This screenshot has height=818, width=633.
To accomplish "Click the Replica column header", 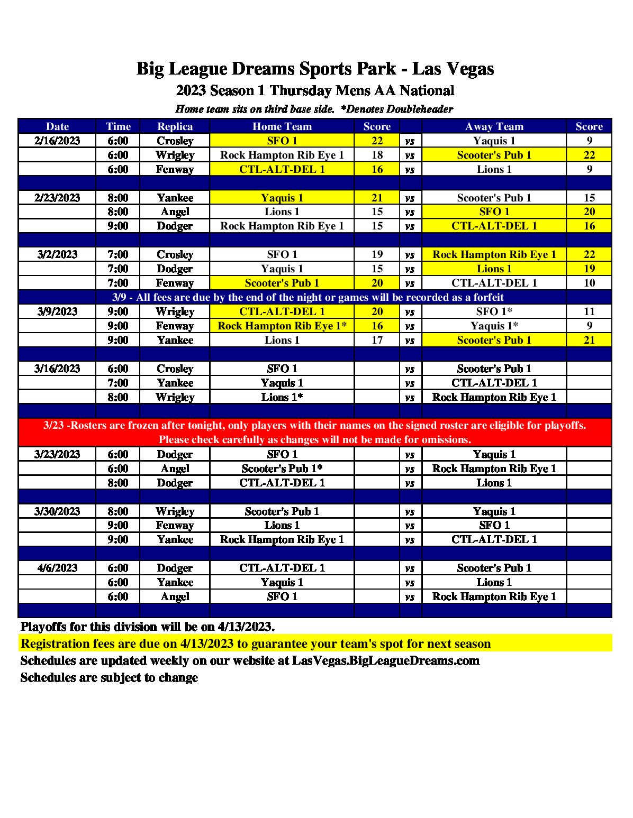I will click(175, 126).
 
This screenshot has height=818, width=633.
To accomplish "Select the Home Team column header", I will click(282, 126).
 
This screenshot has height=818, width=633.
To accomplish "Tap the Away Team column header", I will click(494, 126).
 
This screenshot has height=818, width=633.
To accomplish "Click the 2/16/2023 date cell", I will click(57, 141).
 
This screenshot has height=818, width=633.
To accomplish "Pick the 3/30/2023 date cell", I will click(57, 511).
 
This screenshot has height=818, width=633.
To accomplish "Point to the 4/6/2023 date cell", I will click(57, 568).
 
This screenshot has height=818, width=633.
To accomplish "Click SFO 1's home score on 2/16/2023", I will click(377, 141).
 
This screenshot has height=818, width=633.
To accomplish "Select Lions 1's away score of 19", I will click(589, 269).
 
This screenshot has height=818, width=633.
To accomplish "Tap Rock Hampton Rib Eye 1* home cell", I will click(282, 326).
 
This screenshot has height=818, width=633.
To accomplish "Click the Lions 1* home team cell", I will click(282, 397).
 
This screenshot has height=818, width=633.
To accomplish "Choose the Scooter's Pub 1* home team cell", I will click(282, 468).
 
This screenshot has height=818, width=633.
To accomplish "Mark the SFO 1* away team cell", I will click(494, 311).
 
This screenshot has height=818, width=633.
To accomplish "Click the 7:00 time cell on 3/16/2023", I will click(118, 383).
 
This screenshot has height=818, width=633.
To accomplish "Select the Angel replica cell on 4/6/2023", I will click(175, 596).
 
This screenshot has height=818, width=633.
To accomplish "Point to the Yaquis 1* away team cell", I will click(494, 326).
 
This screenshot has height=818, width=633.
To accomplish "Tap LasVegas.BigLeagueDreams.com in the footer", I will click(385, 661).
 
